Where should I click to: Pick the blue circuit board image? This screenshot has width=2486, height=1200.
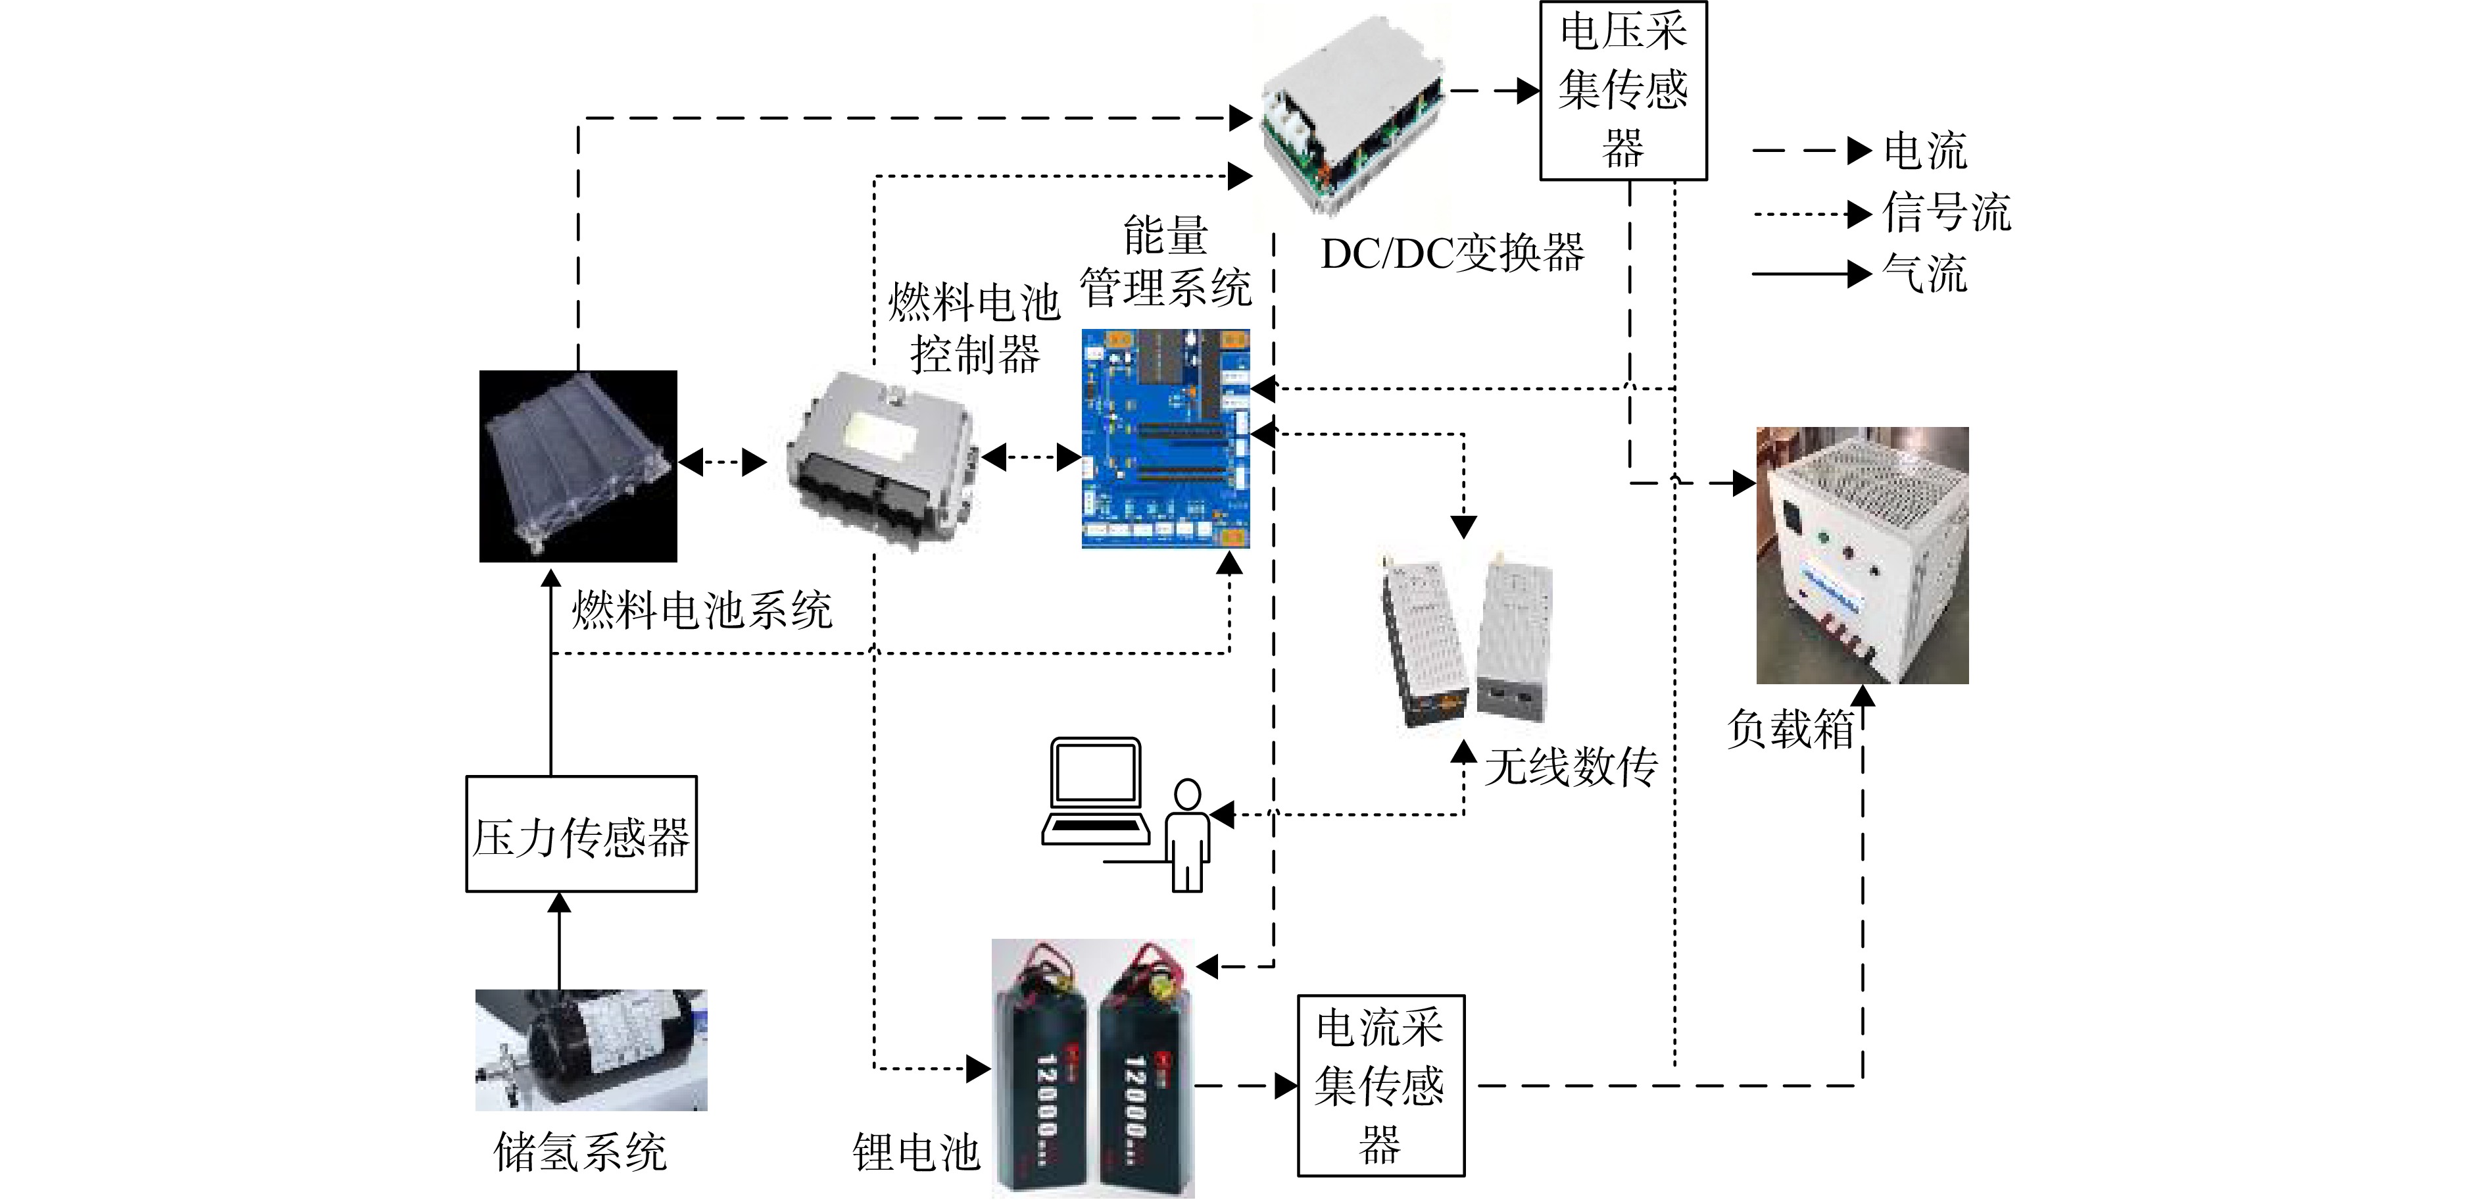1166,438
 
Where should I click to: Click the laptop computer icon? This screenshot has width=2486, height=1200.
1095,791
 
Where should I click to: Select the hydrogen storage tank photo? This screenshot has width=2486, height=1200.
591,1049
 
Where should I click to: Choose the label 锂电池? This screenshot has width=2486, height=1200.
916,1152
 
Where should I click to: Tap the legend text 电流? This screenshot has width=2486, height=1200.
1925,151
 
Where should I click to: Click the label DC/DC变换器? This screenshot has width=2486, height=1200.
1452,253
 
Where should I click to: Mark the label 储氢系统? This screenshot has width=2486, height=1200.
580,1152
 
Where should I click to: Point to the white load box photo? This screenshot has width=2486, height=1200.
1863,555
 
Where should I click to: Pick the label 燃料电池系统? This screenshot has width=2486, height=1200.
702,610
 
